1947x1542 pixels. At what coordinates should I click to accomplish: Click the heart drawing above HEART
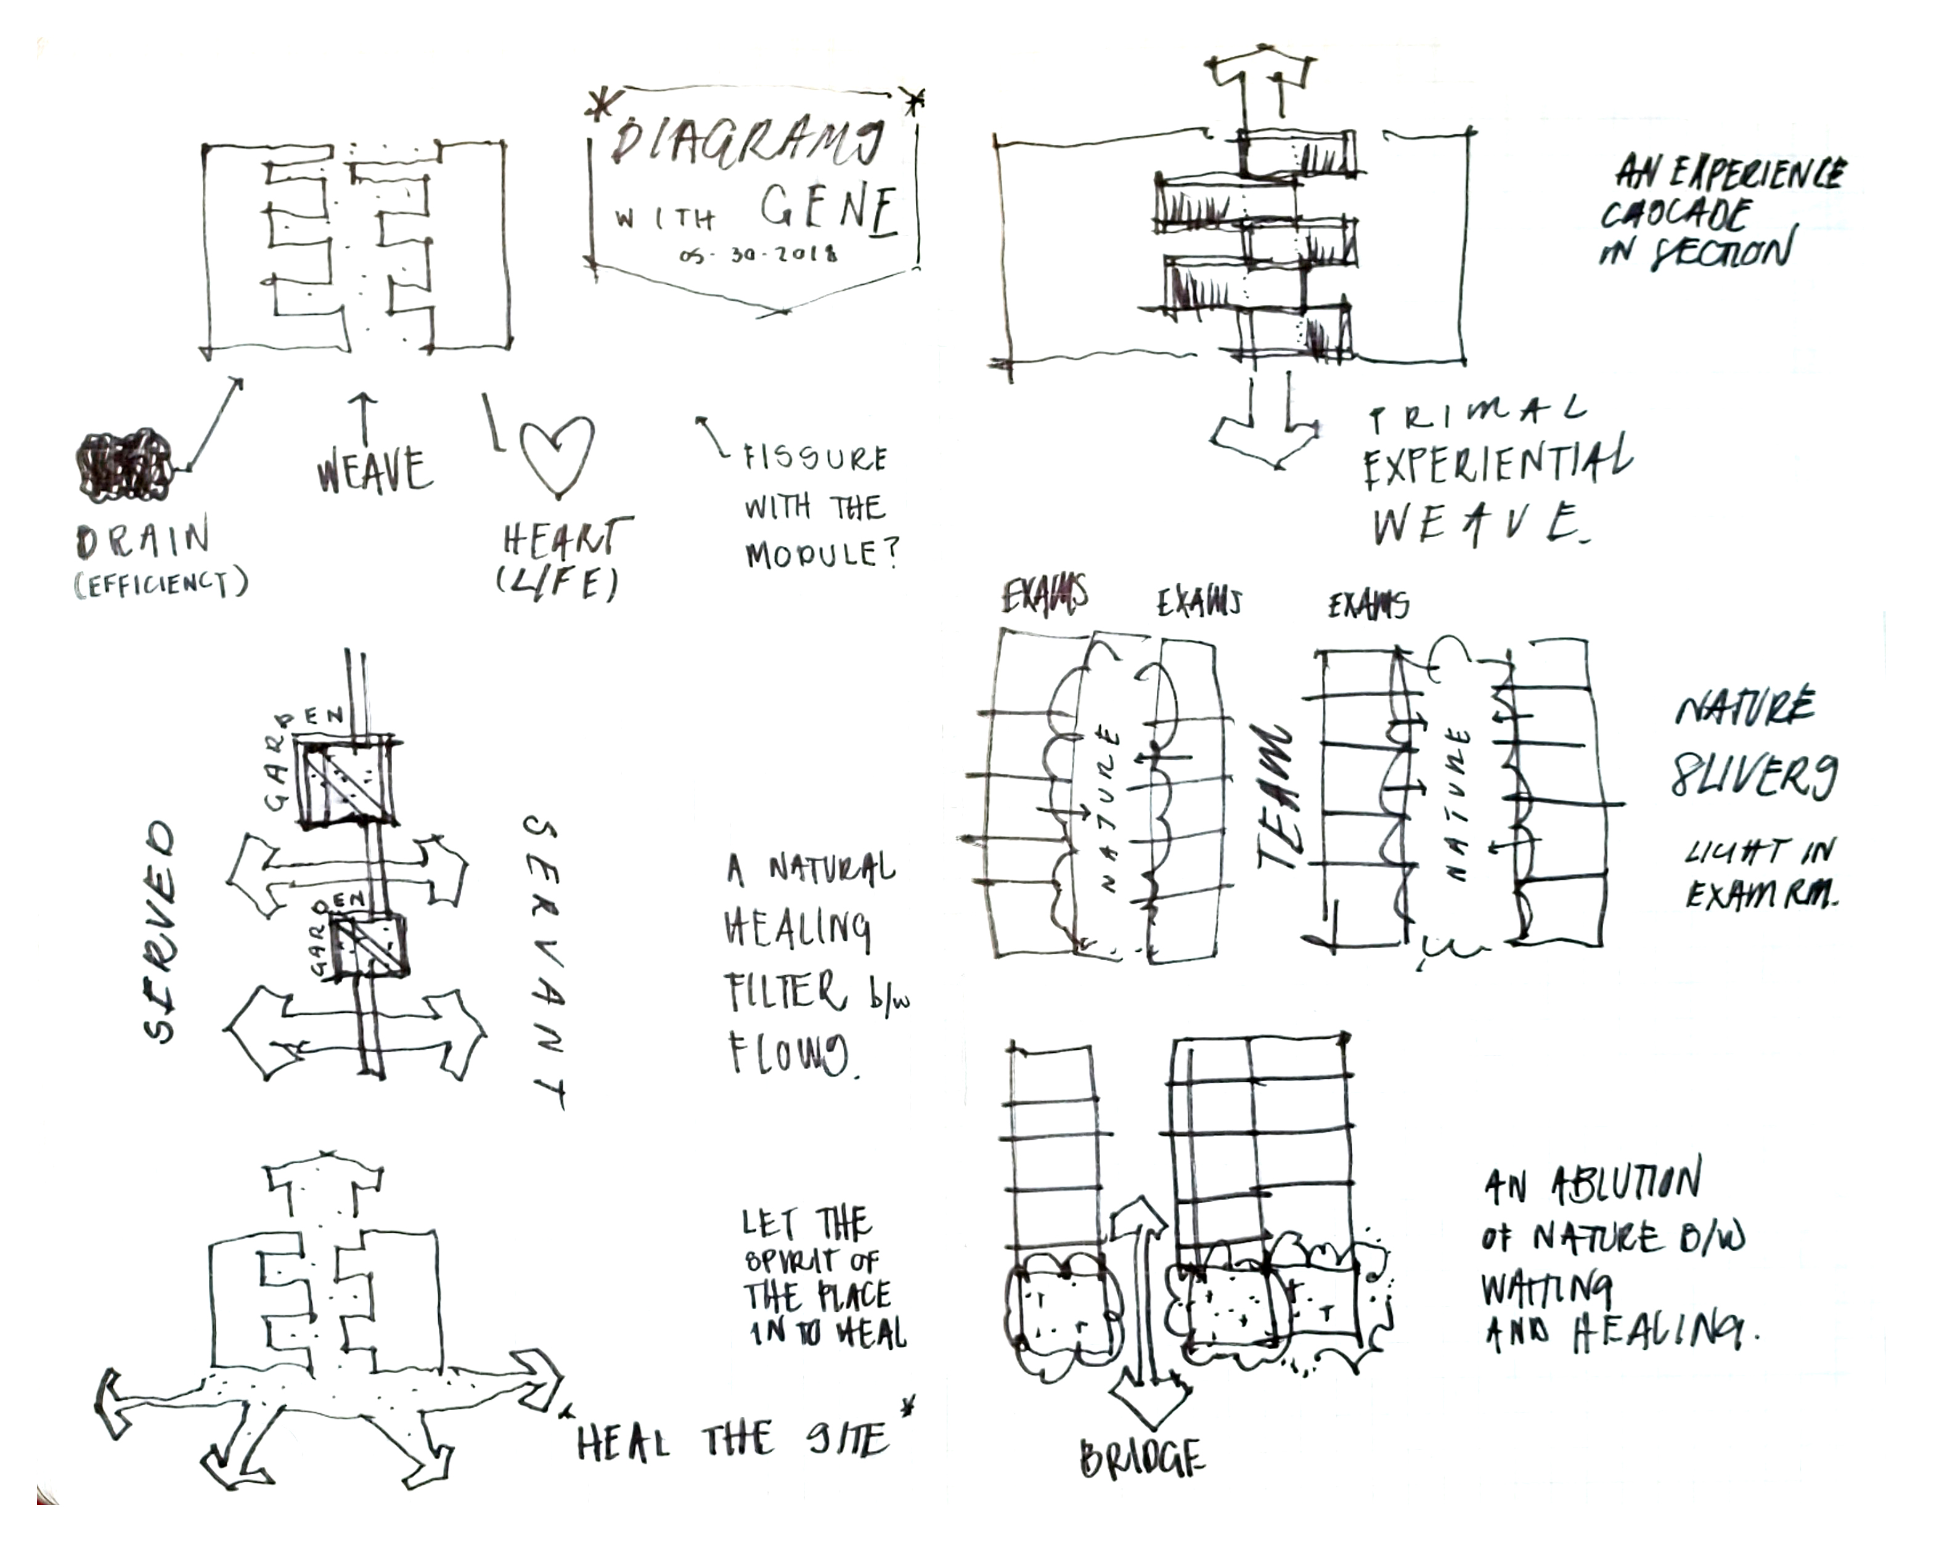[x=557, y=454]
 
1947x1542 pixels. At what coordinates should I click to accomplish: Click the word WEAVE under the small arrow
[x=375, y=471]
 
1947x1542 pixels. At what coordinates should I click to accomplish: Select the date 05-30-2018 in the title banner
[x=759, y=254]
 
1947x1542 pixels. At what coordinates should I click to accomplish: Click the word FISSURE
[x=815, y=458]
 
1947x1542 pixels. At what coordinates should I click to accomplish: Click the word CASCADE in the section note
[x=1675, y=215]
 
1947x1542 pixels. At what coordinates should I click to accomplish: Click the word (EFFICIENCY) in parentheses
[x=161, y=585]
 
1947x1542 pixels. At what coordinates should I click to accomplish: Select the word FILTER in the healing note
[x=784, y=992]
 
